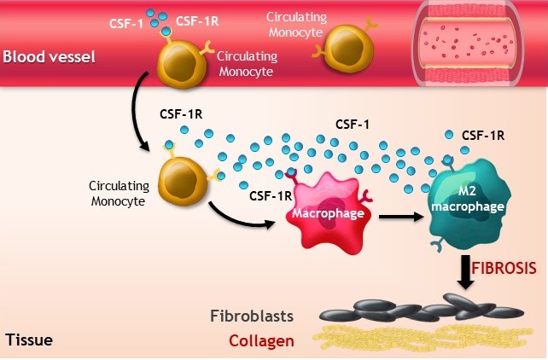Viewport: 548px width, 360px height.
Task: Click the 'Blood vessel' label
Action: [x=48, y=57]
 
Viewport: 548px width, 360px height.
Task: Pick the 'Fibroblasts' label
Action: [x=254, y=316]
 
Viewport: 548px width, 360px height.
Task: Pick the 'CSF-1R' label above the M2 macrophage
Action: [x=483, y=135]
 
